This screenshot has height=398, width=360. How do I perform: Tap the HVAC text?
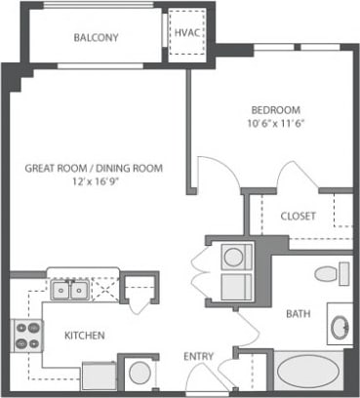coord(185,32)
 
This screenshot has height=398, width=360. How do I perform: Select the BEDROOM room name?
coord(277,109)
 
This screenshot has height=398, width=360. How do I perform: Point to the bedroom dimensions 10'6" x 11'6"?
coord(277,124)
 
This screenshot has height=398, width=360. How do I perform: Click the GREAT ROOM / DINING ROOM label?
coord(94,168)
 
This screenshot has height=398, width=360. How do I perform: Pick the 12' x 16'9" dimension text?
coord(94,182)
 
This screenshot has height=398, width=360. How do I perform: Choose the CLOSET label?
coord(297,216)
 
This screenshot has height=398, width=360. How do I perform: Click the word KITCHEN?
coord(85,335)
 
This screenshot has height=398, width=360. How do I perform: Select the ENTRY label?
coord(198,356)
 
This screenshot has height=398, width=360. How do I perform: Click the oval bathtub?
coord(305,376)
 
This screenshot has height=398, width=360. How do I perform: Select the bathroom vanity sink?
coord(339,327)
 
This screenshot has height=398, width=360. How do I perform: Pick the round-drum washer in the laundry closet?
coord(235,259)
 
